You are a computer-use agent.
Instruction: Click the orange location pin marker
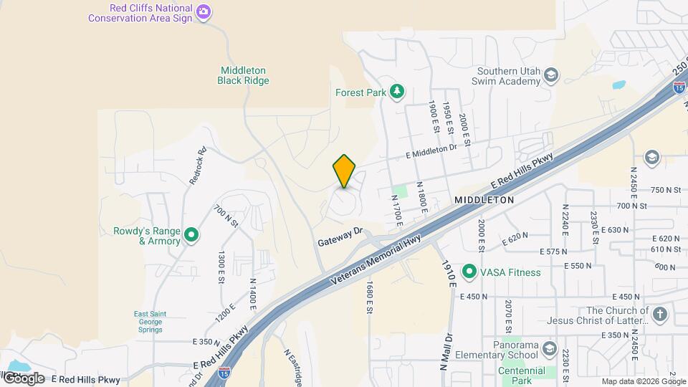coord(345,171)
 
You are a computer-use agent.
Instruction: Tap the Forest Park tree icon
coord(396,92)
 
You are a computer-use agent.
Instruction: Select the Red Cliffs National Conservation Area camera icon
coord(204,11)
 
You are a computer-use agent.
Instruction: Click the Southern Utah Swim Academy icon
coord(550,76)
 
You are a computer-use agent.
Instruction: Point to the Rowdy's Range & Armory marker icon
coord(191,235)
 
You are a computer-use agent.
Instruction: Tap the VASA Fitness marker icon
coord(469,271)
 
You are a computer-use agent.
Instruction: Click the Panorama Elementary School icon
coord(550,349)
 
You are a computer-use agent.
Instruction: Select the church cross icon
coord(660,315)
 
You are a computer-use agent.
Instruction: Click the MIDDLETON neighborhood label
coord(484,201)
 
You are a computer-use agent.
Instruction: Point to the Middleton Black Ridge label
coord(244,76)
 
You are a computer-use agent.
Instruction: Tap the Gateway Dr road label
coord(341,238)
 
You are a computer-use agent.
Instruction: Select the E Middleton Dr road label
coord(431,151)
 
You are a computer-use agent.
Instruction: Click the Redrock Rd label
coord(198,166)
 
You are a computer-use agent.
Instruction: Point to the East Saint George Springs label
coord(148,321)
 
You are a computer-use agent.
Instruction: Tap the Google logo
coord(23,378)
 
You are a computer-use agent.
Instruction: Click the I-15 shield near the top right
coord(678,87)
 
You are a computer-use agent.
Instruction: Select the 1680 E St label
coord(368,297)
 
